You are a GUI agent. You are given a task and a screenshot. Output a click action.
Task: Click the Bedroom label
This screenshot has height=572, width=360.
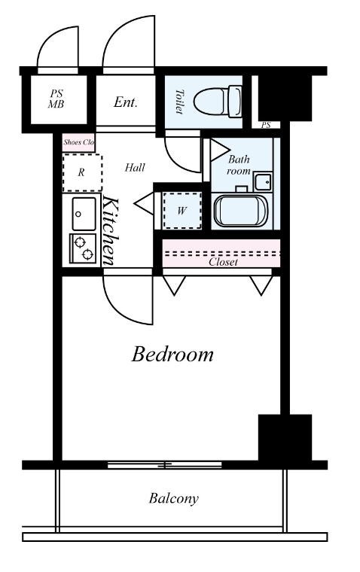pyautogui.click(x=172, y=354)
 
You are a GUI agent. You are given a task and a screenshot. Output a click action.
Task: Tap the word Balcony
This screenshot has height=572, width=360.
pyautogui.click(x=173, y=498)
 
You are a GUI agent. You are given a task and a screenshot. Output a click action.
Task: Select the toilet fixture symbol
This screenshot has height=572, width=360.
pyautogui.click(x=218, y=102)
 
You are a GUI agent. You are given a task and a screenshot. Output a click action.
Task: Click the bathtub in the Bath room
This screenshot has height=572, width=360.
pyautogui.click(x=241, y=211)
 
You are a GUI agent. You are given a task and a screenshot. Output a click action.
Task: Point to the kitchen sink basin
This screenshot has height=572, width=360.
pyautogui.click(x=84, y=214)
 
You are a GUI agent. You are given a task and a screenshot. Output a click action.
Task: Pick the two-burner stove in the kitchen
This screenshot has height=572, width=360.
pyautogui.click(x=83, y=248)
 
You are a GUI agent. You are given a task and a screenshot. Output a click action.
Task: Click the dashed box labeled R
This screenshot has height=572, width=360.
pyautogui.click(x=82, y=172)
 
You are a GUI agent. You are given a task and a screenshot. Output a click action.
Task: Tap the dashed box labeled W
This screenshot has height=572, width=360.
pyautogui.click(x=182, y=211)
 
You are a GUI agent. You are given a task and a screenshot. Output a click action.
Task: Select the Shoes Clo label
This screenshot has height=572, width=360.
pyautogui.click(x=78, y=142)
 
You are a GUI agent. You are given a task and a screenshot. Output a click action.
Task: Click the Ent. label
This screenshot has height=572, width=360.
pyautogui.click(x=125, y=102)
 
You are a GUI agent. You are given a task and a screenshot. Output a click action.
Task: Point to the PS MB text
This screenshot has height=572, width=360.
pyautogui.click(x=56, y=99)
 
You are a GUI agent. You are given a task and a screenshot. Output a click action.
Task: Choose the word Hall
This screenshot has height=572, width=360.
pyautogui.click(x=135, y=168)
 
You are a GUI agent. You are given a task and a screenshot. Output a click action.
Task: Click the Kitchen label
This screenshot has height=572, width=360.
pyautogui.click(x=111, y=231)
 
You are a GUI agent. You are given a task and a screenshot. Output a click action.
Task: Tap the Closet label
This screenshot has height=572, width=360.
pyautogui.click(x=223, y=262)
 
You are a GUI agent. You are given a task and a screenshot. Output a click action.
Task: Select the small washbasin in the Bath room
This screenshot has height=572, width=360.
pyautogui.click(x=263, y=181)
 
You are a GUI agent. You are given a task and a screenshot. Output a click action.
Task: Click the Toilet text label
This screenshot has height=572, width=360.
pyautogui.click(x=179, y=102)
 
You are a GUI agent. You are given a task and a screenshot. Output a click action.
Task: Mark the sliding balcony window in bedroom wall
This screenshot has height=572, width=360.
pyautogui.click(x=165, y=465)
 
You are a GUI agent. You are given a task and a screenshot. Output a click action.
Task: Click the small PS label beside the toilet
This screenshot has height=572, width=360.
pyautogui.click(x=266, y=125)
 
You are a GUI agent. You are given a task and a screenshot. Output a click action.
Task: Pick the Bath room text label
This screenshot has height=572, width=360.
pyautogui.click(x=239, y=165)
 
